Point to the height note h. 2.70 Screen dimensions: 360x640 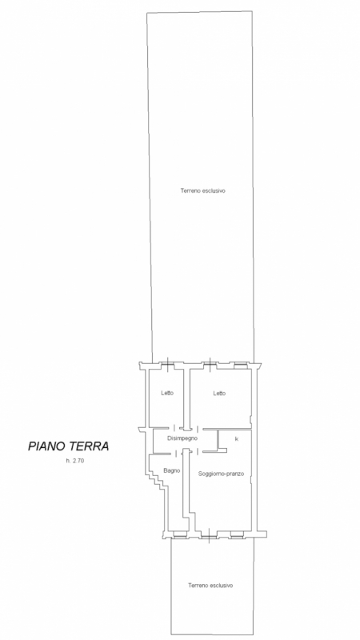tap(74, 461)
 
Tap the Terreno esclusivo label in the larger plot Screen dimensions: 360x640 tap(203, 190)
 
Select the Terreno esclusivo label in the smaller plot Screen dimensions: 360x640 tap(210, 586)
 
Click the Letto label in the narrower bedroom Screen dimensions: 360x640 tap(167, 393)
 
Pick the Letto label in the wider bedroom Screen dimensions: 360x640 tap(219, 394)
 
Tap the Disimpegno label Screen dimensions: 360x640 tap(182, 438)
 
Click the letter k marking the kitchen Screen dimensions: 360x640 tap(236, 439)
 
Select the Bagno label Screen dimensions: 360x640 tap(172, 470)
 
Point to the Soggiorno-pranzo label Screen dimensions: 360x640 tap(222, 474)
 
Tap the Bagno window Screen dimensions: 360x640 tap(178, 534)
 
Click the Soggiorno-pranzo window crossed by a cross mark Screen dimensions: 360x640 tap(209, 534)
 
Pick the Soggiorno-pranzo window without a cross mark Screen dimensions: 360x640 tap(236, 534)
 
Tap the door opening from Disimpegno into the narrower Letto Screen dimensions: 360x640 tap(174, 428)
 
